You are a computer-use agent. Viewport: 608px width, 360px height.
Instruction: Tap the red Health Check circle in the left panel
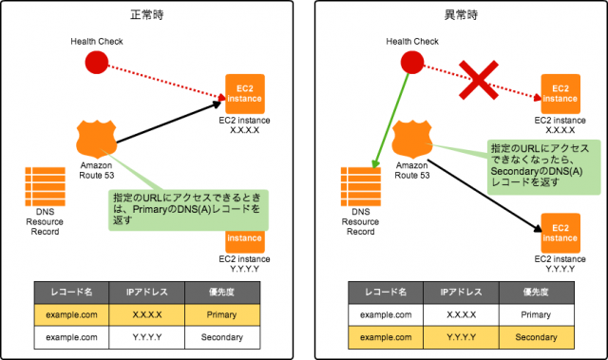click(96, 64)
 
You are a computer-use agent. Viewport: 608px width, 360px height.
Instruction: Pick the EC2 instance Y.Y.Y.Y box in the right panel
click(560, 232)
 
